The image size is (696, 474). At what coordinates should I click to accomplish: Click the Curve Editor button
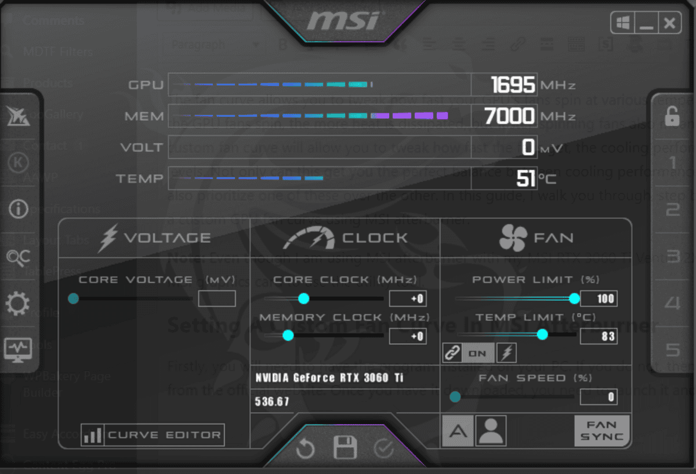pos(153,435)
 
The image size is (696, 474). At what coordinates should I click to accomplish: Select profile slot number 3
pos(672,256)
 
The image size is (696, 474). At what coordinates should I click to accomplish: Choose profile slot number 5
pos(672,350)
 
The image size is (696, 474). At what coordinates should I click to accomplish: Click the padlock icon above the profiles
pos(672,116)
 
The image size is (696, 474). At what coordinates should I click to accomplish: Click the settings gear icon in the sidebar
pos(17,303)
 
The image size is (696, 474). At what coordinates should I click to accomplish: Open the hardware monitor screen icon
pos(17,349)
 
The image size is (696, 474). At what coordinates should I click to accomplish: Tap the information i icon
pos(18,209)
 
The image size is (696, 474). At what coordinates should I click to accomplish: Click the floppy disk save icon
pos(345,448)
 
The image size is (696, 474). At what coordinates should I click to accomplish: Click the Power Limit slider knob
pos(574,299)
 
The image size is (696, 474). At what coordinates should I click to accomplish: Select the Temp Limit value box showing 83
pos(599,336)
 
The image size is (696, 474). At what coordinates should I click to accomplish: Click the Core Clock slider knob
pos(303,299)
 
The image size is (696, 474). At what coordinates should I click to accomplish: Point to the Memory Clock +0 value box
pos(408,336)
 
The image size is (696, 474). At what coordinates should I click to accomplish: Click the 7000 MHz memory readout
pos(509,116)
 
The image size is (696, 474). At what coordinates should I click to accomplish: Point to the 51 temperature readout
pos(526,179)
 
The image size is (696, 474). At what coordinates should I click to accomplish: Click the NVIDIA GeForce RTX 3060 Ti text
pos(329,378)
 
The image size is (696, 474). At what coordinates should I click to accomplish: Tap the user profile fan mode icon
pos(491,430)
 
